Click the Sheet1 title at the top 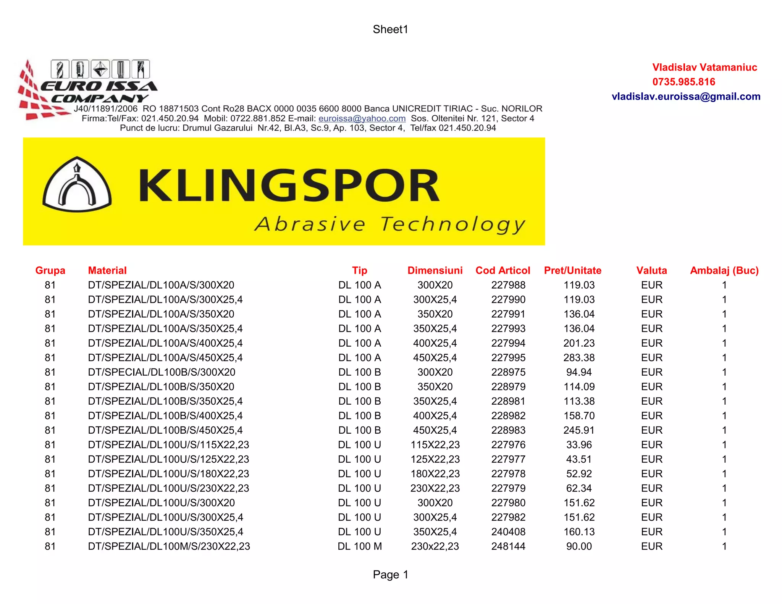point(390,29)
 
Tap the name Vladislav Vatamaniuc point(704,68)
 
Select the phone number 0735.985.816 point(683,82)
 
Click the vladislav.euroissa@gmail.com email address point(686,97)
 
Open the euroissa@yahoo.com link point(362,119)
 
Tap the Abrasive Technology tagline point(389,224)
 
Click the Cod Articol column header point(502,271)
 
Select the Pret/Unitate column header point(572,271)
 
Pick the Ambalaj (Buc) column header point(724,271)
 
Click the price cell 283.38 point(579,358)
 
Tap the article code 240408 point(508,532)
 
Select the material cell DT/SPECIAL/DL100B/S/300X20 point(162,372)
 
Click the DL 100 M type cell point(359,546)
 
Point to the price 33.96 point(579,445)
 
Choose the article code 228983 point(508,430)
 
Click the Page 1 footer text point(390,575)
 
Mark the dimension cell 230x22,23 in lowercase point(435,546)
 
